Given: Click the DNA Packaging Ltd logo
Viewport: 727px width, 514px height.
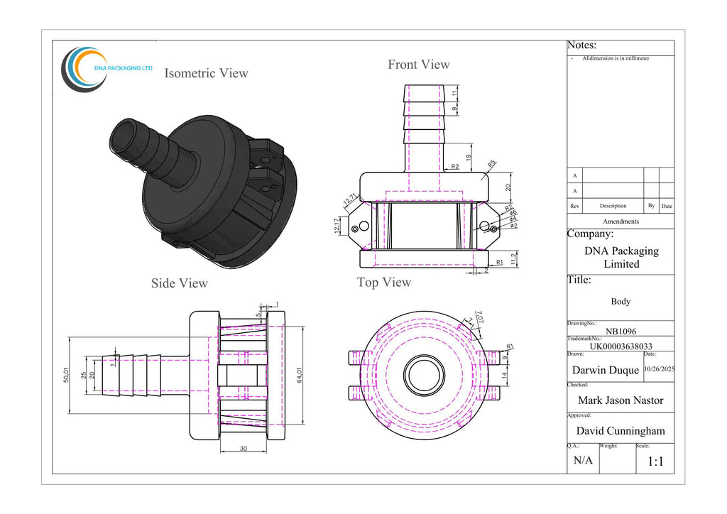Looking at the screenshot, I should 106,69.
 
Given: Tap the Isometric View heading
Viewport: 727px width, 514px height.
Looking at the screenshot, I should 206,73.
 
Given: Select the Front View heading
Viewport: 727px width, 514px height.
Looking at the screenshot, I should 418,65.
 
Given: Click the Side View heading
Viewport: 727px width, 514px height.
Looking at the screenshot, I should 179,283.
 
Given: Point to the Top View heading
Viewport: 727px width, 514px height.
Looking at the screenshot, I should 383,283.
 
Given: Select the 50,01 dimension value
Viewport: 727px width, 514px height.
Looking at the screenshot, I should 65,376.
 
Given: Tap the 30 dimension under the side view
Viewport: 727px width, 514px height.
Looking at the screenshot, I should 244,448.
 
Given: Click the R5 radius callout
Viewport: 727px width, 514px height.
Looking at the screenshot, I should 492,164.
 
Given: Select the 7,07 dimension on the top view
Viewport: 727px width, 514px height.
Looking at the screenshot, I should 479,317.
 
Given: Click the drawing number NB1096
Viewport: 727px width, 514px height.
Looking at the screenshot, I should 620,331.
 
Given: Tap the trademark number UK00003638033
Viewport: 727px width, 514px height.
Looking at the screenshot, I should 620,346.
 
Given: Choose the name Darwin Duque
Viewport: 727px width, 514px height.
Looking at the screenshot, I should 605,370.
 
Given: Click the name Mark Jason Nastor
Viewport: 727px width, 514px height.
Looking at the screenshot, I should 620,400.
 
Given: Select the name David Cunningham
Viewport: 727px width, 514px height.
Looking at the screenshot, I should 620,430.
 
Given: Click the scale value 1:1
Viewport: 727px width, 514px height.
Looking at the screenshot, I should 655,461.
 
